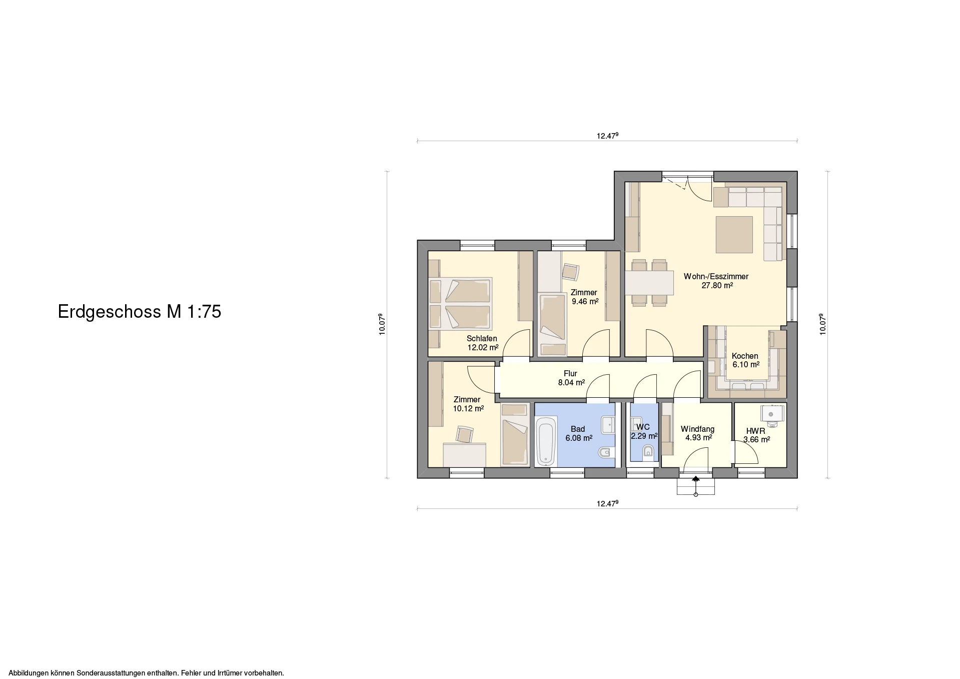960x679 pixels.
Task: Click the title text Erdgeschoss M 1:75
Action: click(x=140, y=312)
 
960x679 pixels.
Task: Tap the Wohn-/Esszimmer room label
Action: click(x=716, y=276)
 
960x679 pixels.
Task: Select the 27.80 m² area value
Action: click(x=717, y=286)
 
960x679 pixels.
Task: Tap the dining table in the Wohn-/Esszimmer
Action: click(x=649, y=283)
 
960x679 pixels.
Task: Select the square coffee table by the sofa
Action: click(x=734, y=235)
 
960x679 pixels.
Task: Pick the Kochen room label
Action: click(x=745, y=356)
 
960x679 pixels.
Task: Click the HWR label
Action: click(x=755, y=431)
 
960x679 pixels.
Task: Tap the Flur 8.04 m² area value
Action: click(x=571, y=383)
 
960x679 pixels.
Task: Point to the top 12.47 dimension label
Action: click(x=607, y=136)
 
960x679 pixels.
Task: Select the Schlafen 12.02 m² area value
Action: click(x=483, y=347)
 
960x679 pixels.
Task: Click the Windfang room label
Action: click(x=697, y=429)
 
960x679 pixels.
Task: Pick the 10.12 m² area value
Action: click(x=468, y=408)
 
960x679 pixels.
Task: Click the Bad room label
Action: click(x=578, y=429)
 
